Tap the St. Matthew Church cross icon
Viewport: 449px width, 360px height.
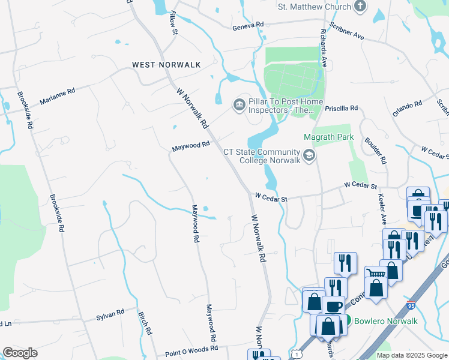360,7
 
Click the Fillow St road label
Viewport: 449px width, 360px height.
174,22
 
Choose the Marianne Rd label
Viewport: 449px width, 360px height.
57,97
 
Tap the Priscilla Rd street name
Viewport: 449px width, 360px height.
340,109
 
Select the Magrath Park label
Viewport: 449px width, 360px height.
328,137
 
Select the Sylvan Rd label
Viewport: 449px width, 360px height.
110,313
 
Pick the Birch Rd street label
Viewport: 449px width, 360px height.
145,323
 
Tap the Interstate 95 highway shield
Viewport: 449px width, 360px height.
411,306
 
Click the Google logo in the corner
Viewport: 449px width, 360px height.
20,353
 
